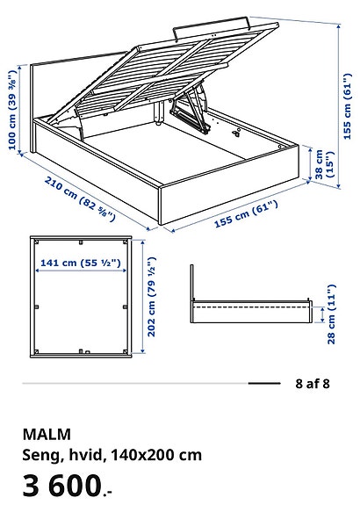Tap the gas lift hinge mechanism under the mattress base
coord(189,110)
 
